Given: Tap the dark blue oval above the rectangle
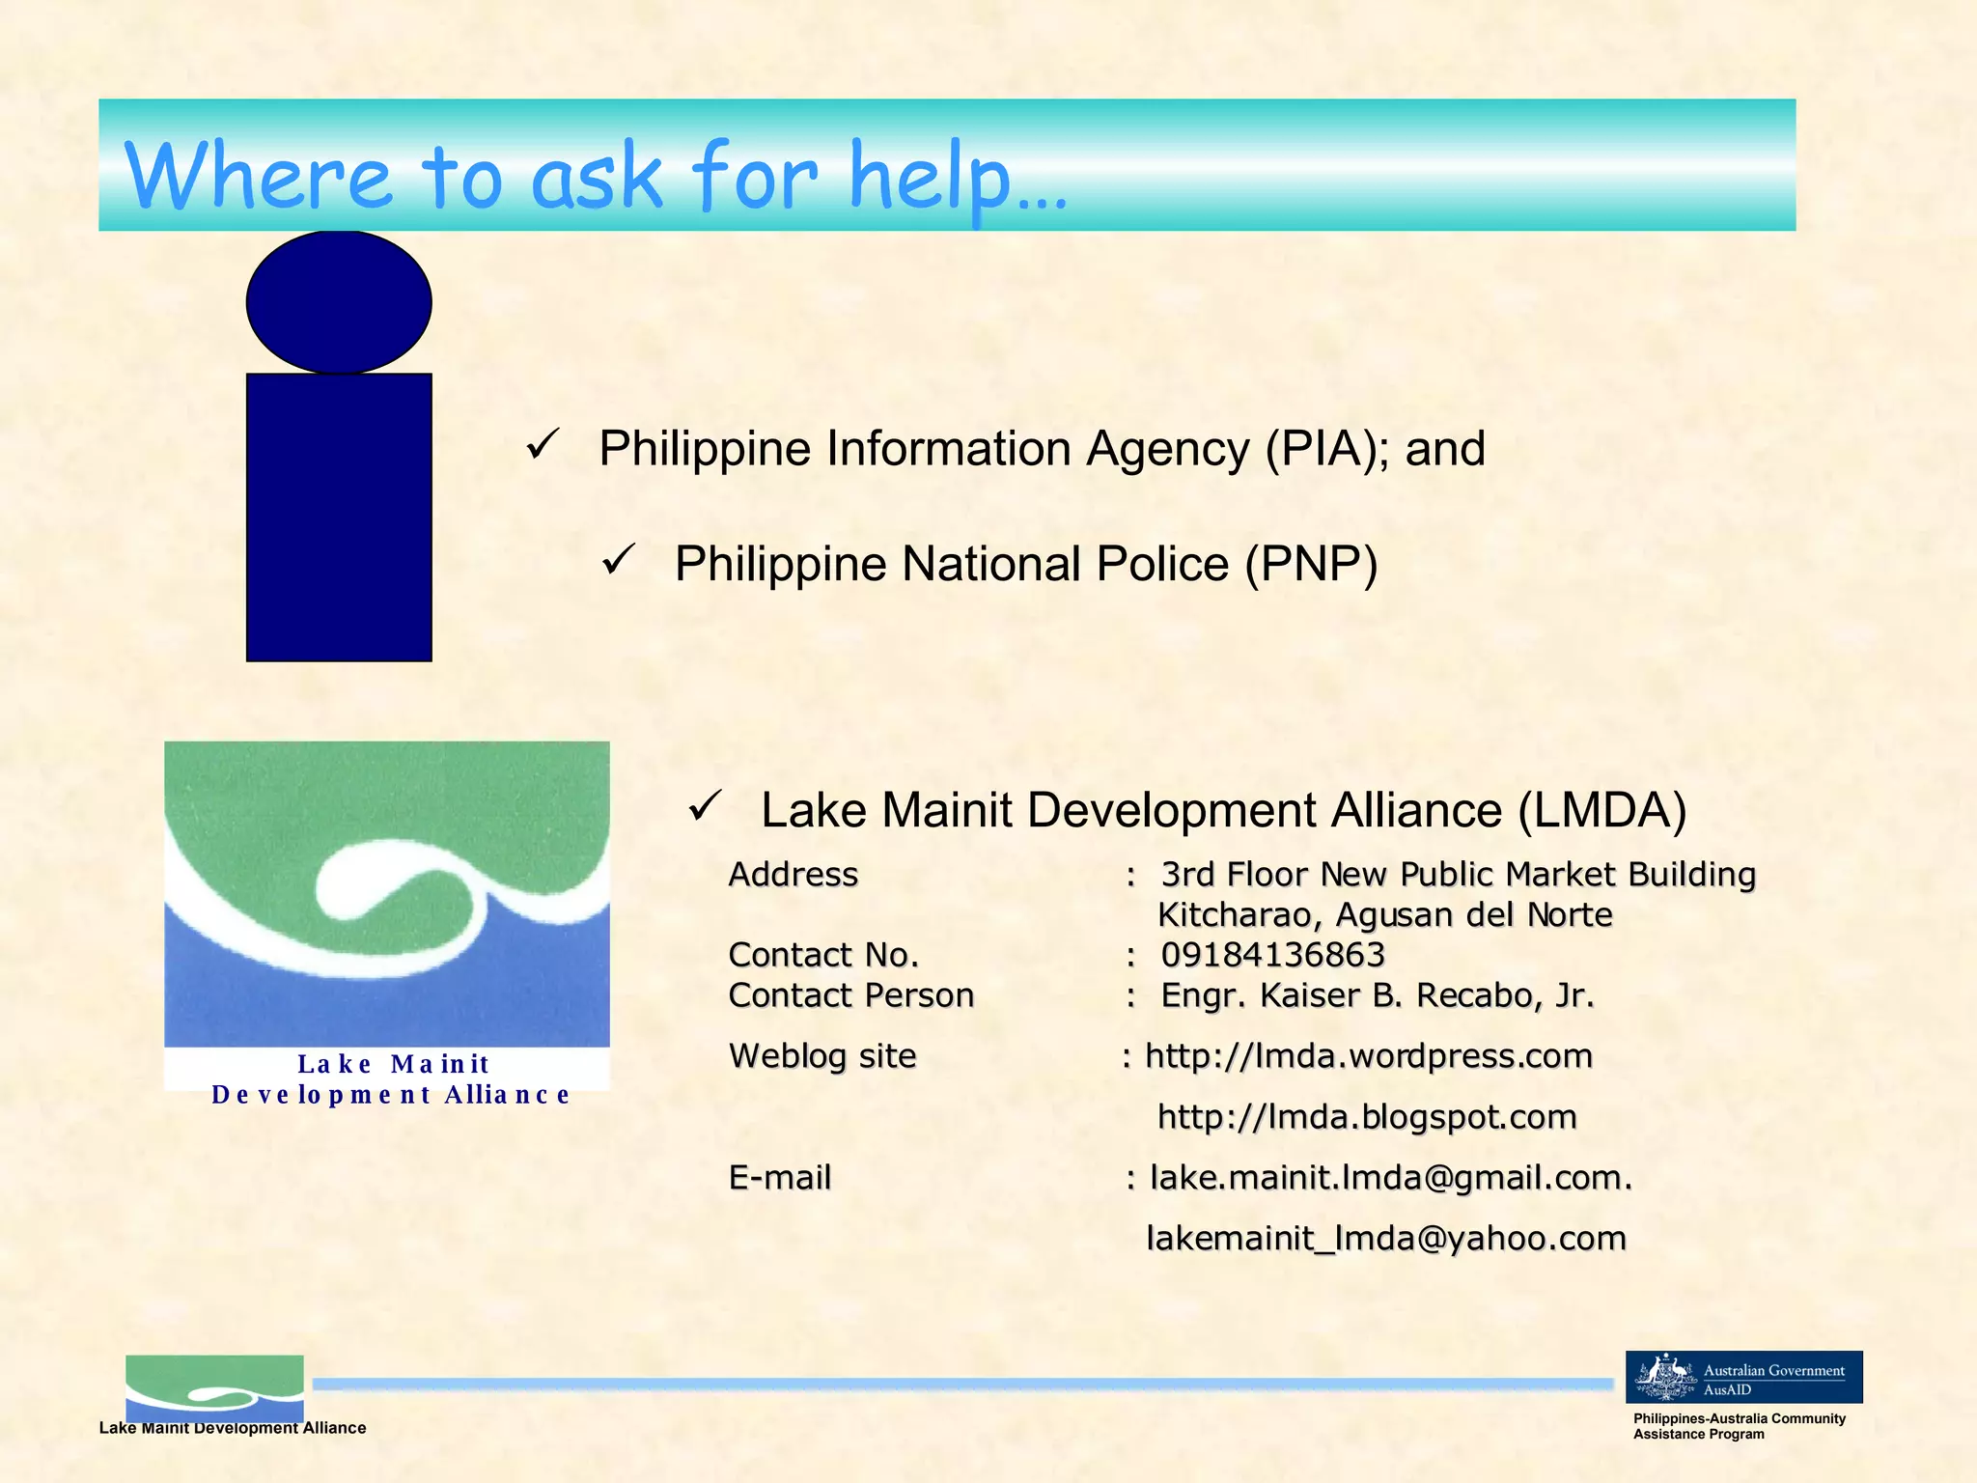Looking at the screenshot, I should click(x=339, y=302).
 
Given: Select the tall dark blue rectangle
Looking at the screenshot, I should click(x=339, y=518).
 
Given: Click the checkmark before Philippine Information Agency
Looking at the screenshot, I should click(x=543, y=445).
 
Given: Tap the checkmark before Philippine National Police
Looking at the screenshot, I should click(x=618, y=560).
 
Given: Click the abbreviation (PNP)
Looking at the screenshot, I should click(x=1311, y=564).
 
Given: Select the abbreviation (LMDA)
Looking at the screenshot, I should click(x=1601, y=810).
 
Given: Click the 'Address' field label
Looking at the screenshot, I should click(x=793, y=875).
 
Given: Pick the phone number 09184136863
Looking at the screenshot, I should click(x=1272, y=955).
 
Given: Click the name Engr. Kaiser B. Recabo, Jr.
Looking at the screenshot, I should click(x=1378, y=995).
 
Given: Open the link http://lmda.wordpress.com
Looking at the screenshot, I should click(x=1368, y=1056).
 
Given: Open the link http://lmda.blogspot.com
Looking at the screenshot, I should click(x=1367, y=1117).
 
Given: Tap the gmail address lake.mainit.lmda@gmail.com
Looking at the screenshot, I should click(x=1390, y=1178).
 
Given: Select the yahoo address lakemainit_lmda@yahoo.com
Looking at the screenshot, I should click(x=1386, y=1239).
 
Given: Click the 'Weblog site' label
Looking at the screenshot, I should click(x=822, y=1056).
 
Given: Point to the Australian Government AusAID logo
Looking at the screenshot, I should click(x=1743, y=1377).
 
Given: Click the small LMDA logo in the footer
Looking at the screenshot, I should click(x=214, y=1388).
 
